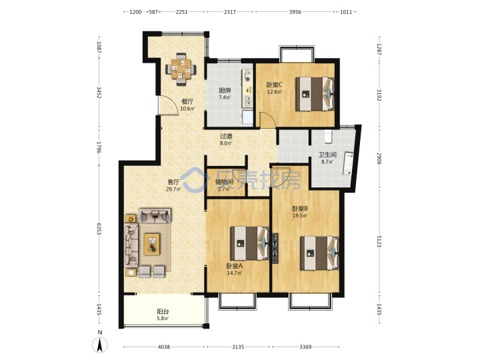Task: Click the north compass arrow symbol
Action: [x=100, y=345]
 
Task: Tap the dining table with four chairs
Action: [x=181, y=69]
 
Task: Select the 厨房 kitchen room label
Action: [x=225, y=90]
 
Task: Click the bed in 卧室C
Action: [x=315, y=94]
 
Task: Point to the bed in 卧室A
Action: [x=249, y=243]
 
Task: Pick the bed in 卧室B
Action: [x=319, y=253]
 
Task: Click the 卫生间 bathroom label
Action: [x=327, y=155]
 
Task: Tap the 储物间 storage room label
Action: [x=224, y=182]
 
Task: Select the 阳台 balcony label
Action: [x=163, y=311]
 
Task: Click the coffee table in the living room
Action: [x=152, y=244]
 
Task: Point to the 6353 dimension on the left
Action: [x=99, y=229]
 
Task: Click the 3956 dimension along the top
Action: [x=295, y=12]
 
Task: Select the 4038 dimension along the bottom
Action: [x=164, y=347]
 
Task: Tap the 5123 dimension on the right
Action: [x=379, y=241]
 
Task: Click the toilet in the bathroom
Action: [x=329, y=136]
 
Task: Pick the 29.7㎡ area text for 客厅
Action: [x=173, y=189]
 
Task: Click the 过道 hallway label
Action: [x=226, y=136]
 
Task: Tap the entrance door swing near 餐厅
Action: [x=168, y=105]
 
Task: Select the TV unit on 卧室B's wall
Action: [x=275, y=248]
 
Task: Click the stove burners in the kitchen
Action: [x=247, y=75]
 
